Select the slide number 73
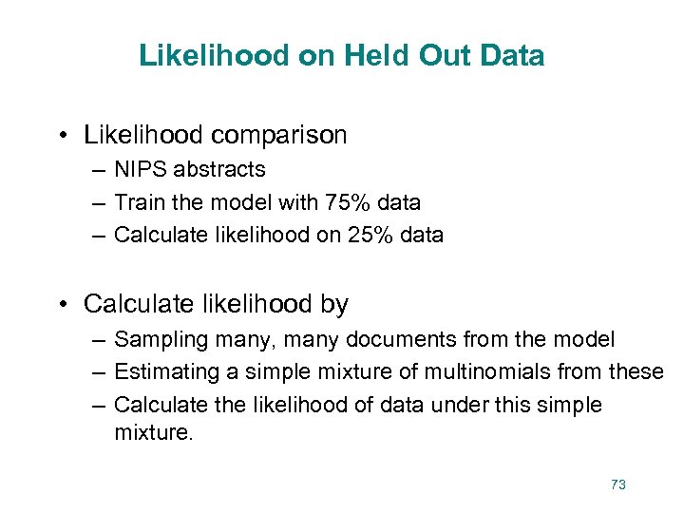pos(618,484)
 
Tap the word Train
pos(140,202)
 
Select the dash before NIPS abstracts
pos(99,170)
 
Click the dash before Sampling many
pos(99,339)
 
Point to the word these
pos(636,371)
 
